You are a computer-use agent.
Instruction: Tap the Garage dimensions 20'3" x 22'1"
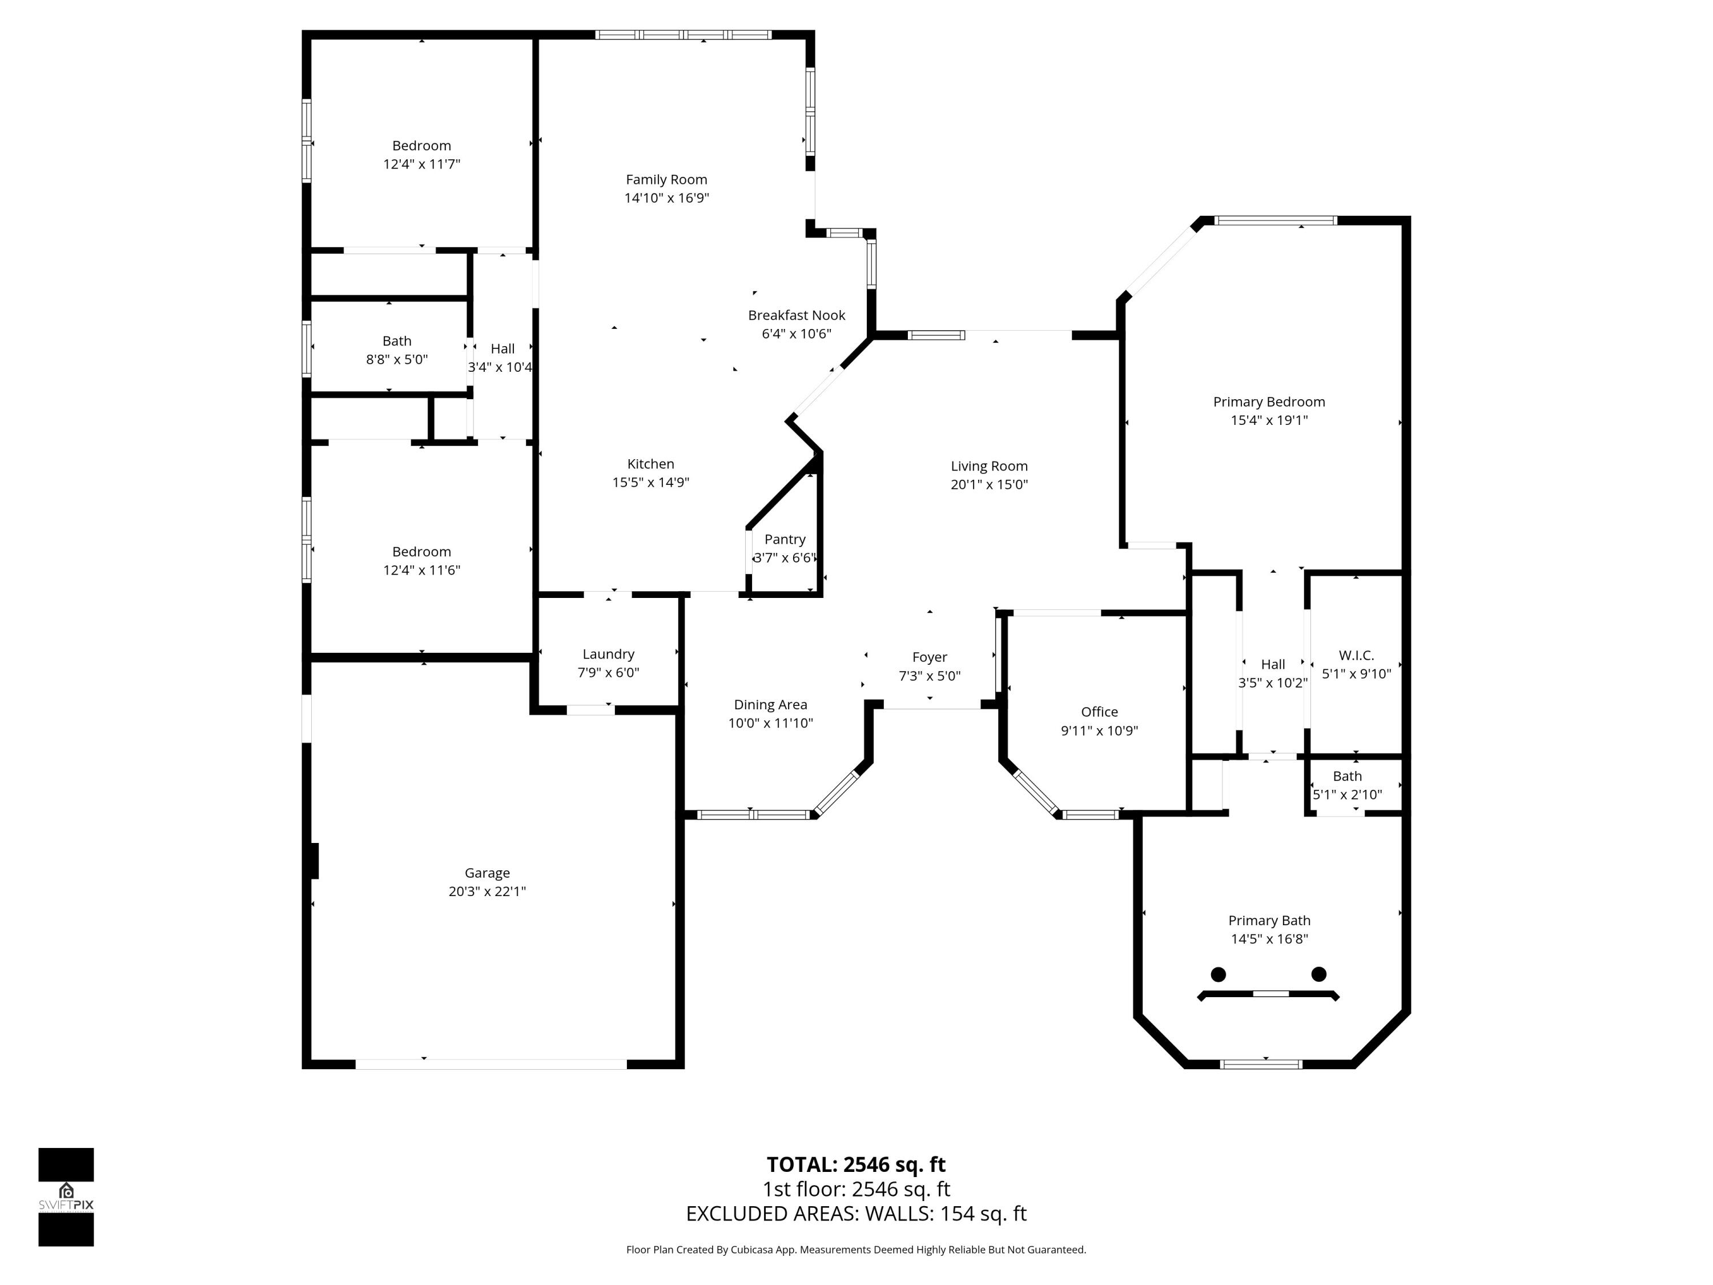[487, 892]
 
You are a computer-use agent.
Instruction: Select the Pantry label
[785, 539]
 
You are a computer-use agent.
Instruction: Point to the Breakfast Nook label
[796, 315]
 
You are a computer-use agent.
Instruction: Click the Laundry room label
[608, 654]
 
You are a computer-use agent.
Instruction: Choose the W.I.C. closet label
[1356, 655]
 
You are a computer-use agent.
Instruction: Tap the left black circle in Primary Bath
[1218, 974]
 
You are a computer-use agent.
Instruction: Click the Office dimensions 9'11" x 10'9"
[1099, 730]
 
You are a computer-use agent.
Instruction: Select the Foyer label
[929, 657]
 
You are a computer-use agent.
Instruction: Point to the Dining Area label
[770, 705]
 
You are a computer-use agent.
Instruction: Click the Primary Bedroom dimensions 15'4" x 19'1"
[1269, 420]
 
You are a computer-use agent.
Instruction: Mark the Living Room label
[989, 466]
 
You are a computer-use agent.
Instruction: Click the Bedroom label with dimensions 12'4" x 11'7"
[421, 146]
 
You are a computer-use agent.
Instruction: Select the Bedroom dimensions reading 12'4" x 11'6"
[421, 570]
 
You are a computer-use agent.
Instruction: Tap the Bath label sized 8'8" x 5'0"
[396, 341]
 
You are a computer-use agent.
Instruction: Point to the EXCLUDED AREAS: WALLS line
[856, 1214]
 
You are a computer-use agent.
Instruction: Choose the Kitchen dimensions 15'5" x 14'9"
[650, 483]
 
